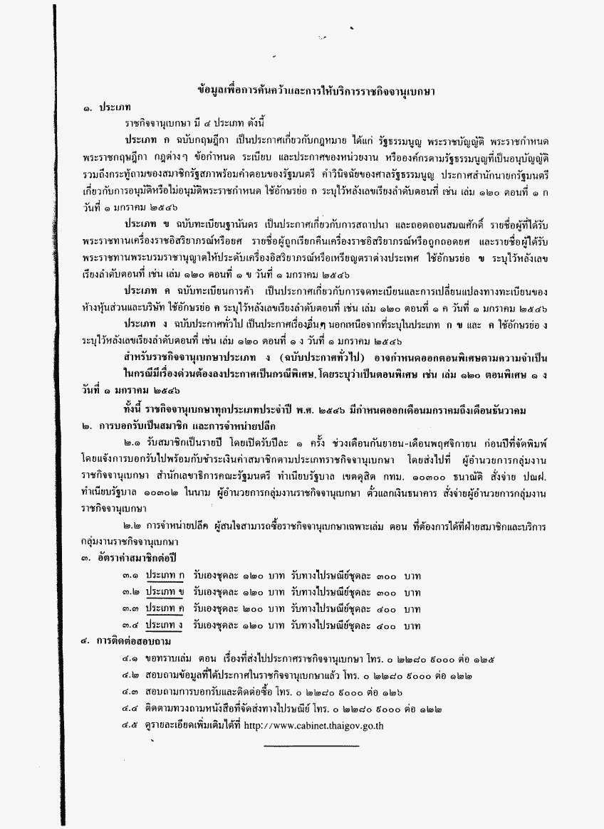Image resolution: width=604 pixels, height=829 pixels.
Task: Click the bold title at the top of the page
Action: (x=317, y=91)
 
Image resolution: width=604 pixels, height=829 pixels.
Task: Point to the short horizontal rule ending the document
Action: (x=311, y=746)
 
